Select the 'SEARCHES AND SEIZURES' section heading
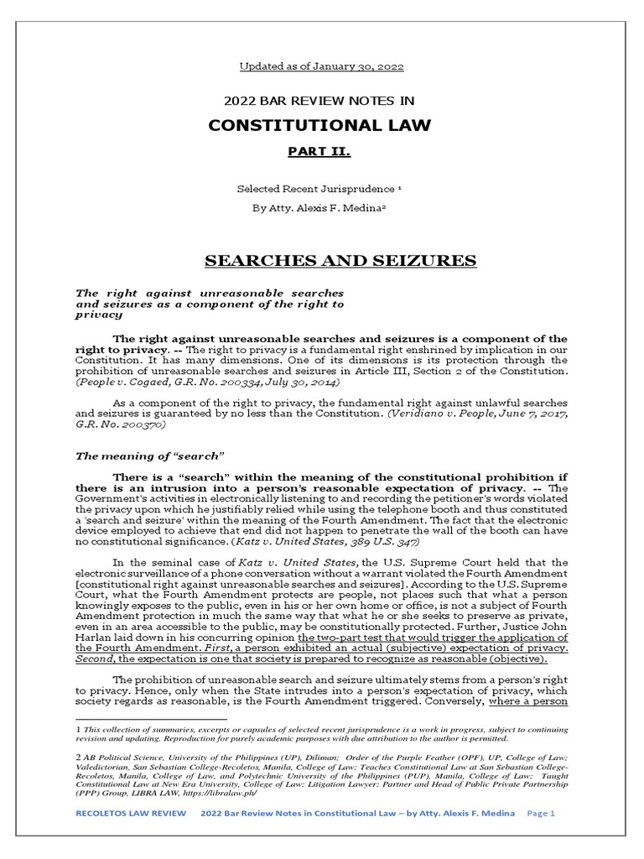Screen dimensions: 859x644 coord(340,261)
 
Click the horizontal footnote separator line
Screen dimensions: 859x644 coord(151,719)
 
